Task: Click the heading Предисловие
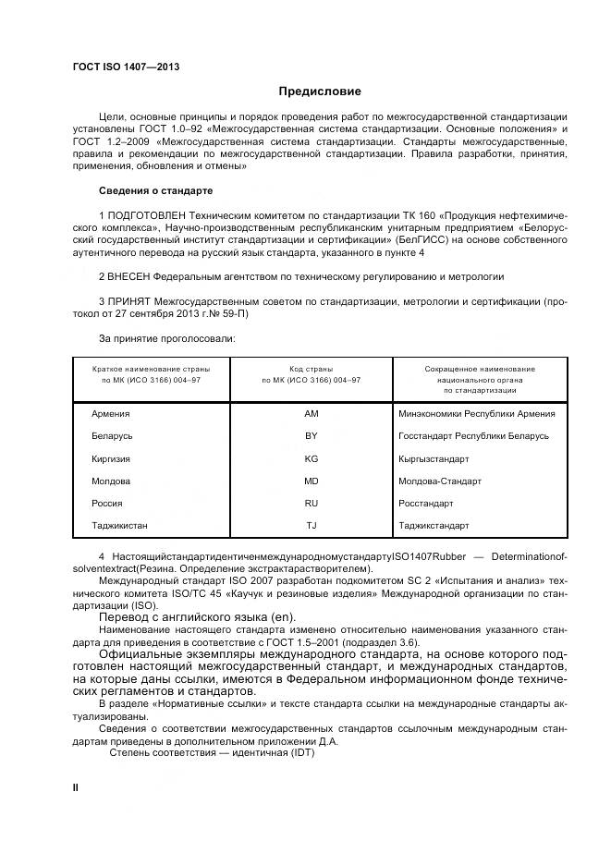[x=319, y=92]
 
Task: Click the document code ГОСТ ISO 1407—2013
[x=126, y=67]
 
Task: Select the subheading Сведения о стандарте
[x=155, y=190]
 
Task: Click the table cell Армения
[x=111, y=413]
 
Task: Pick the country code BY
[x=311, y=435]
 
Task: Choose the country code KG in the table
[x=311, y=458]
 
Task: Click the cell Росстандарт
[x=425, y=504]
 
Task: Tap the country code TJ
[x=311, y=526]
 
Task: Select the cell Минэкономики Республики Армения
[x=476, y=413]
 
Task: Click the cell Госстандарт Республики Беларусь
[x=473, y=435]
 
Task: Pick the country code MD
[x=311, y=481]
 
